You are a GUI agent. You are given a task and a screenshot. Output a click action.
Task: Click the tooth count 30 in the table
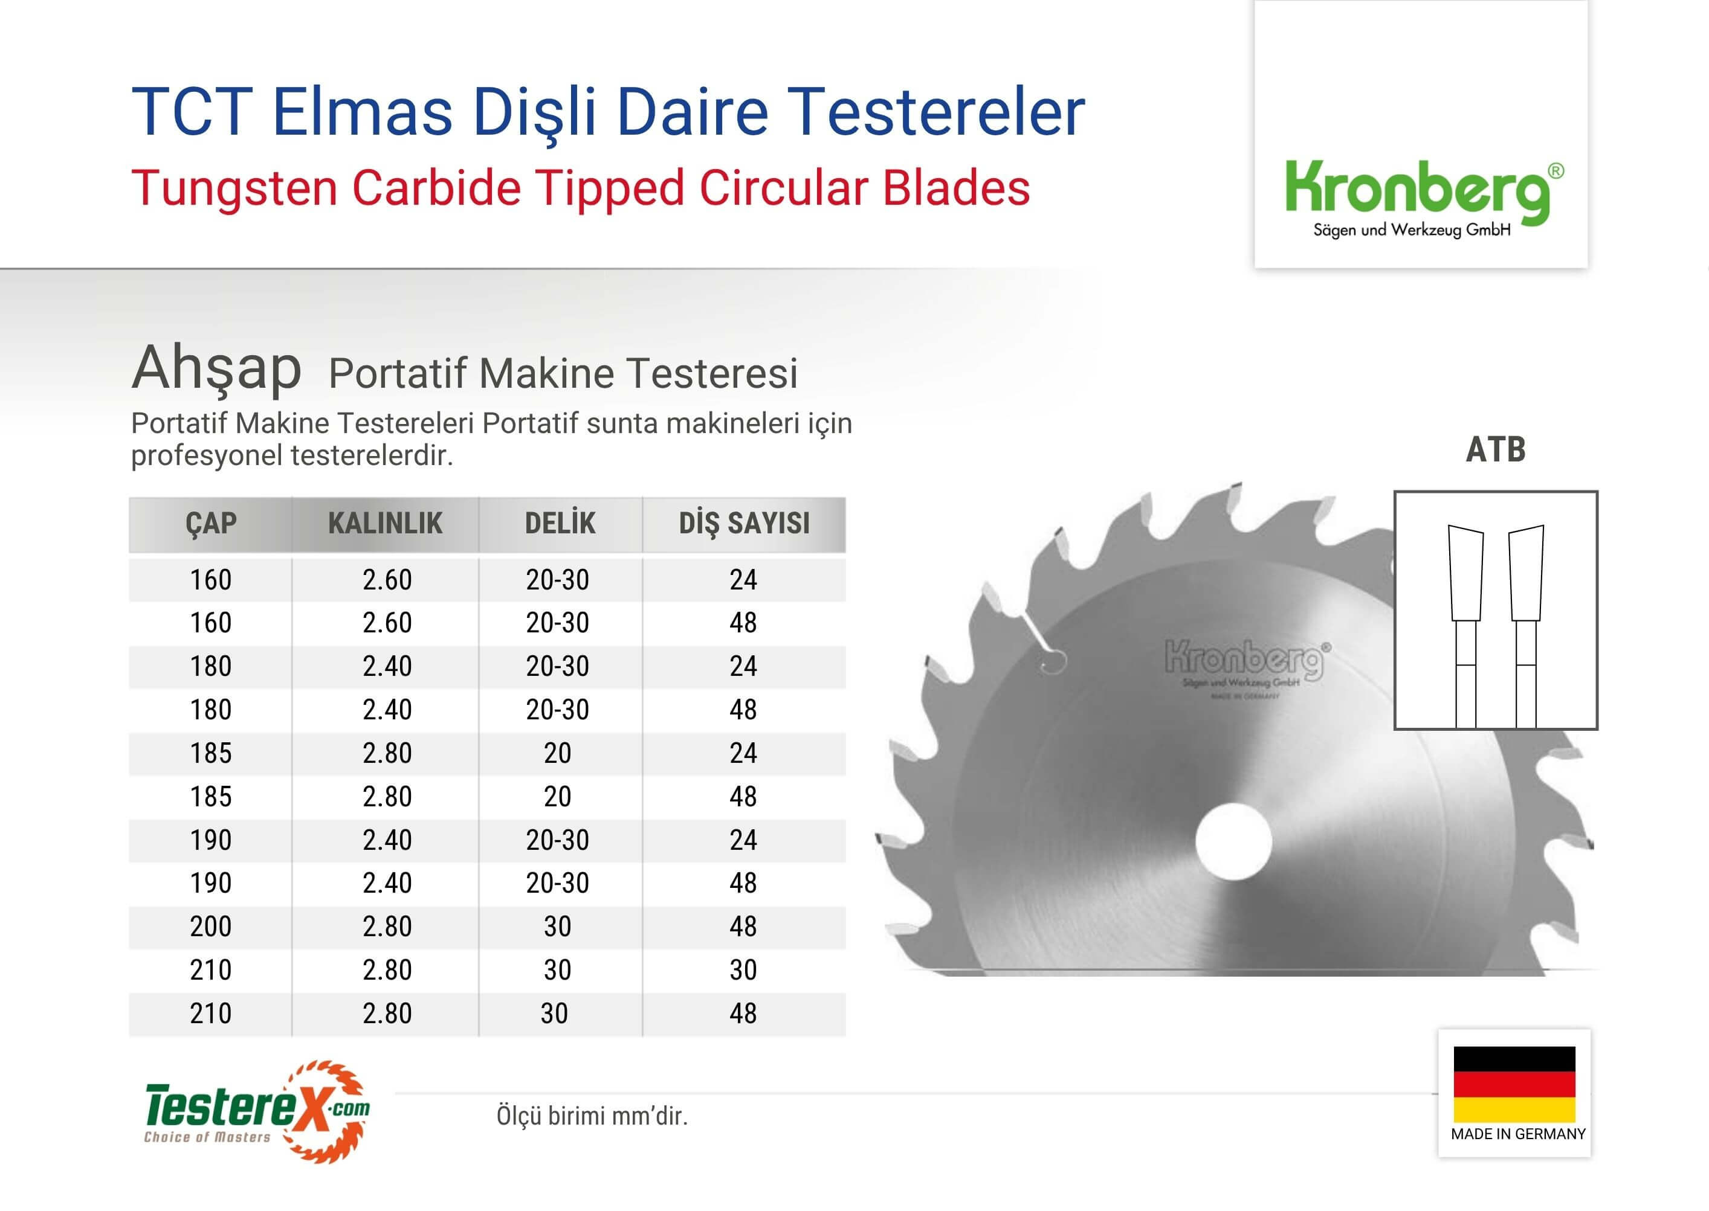(743, 969)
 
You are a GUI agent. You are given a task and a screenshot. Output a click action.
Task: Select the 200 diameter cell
(211, 926)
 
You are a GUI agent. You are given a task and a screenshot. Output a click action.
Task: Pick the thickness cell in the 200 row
(387, 926)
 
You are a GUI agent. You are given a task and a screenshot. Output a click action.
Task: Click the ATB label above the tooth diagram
(1496, 449)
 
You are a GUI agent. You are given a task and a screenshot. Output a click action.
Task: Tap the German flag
(1514, 1084)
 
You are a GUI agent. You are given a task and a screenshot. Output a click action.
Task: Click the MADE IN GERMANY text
(1518, 1134)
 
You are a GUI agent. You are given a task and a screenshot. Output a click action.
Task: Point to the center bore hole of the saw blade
(1233, 841)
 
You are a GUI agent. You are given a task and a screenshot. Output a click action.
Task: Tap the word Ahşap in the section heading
(216, 369)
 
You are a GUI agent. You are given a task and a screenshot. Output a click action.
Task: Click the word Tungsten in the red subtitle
(234, 188)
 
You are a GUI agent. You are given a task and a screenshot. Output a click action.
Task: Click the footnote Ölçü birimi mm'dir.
(592, 1116)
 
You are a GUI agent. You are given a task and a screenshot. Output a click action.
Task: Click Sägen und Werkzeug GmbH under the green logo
(1411, 230)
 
